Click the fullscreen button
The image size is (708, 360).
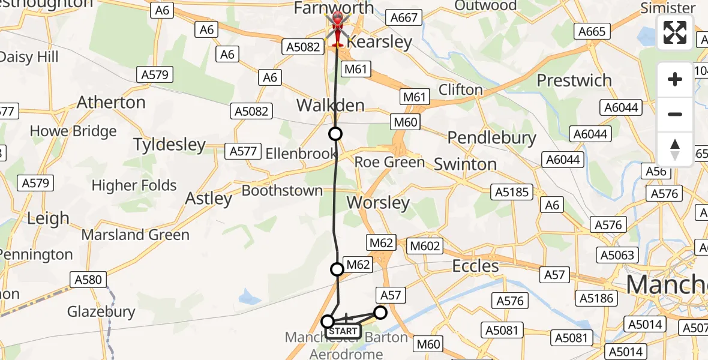[675, 32]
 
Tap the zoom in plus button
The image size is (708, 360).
[675, 79]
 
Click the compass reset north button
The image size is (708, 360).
[675, 149]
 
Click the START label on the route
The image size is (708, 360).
[343, 331]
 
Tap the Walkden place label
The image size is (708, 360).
[331, 106]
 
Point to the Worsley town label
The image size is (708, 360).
[378, 203]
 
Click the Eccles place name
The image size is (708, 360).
[475, 266]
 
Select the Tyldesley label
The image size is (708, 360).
[169, 145]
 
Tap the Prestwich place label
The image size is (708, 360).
[574, 80]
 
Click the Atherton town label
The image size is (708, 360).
[111, 103]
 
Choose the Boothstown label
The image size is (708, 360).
[282, 191]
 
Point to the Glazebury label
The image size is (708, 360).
[101, 311]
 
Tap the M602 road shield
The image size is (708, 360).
[425, 245]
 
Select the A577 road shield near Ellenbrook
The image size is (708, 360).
[243, 152]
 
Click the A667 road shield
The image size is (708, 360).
[403, 18]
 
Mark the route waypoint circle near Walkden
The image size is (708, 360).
[335, 133]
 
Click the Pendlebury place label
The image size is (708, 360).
[492, 138]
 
